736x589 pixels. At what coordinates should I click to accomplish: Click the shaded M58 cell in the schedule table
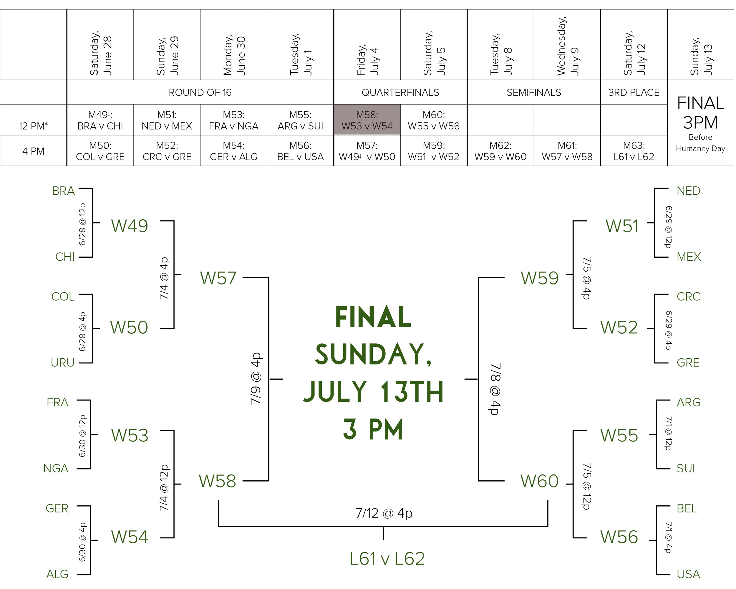[367, 120]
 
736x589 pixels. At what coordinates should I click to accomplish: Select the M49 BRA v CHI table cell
[100, 120]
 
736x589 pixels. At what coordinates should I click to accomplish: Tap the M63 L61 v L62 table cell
[634, 151]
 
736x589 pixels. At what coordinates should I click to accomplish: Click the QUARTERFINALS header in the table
[400, 92]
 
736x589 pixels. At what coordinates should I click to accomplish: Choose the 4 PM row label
[33, 151]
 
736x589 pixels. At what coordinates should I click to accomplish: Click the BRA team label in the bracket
[63, 191]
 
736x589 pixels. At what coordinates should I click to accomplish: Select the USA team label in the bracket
[688, 574]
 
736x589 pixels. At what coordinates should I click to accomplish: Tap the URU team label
[62, 363]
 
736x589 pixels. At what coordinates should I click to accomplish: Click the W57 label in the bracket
[218, 278]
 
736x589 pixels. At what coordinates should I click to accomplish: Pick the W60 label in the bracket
[539, 481]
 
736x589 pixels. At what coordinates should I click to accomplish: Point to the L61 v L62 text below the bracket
[387, 559]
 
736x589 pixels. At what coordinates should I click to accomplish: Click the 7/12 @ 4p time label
[384, 513]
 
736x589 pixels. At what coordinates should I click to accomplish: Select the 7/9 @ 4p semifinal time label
[256, 379]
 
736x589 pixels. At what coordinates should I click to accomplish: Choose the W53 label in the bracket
[130, 435]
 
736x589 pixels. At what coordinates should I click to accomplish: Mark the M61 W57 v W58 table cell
[567, 151]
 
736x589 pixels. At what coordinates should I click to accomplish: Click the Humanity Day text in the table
[700, 148]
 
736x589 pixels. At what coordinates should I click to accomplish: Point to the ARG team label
[689, 402]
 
